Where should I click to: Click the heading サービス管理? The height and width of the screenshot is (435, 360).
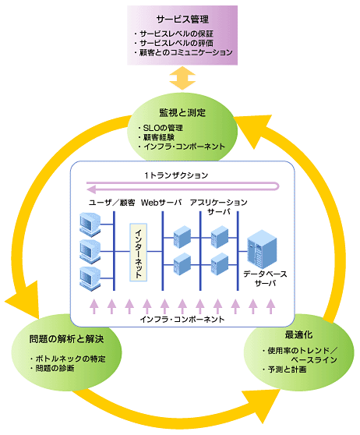(182, 19)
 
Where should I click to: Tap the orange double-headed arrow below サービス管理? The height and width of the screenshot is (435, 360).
(182, 78)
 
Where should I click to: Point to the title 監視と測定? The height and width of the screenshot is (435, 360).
(182, 112)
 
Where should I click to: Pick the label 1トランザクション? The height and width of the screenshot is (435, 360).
(176, 175)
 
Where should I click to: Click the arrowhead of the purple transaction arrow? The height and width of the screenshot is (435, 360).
(91, 189)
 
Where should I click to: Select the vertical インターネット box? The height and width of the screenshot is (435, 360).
(139, 252)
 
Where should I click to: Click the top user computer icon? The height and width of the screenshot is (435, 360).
(90, 225)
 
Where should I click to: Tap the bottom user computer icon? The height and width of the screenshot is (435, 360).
(90, 279)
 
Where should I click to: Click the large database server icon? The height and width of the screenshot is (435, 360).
(262, 249)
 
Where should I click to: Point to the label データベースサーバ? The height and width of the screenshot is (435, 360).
(266, 279)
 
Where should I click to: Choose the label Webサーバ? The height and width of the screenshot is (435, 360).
(161, 203)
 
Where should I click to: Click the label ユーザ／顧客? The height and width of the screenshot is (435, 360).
(111, 203)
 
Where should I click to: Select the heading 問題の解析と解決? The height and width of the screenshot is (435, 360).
(66, 339)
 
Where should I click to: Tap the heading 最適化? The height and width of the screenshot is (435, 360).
(298, 335)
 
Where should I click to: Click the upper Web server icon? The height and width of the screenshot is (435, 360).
(182, 237)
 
